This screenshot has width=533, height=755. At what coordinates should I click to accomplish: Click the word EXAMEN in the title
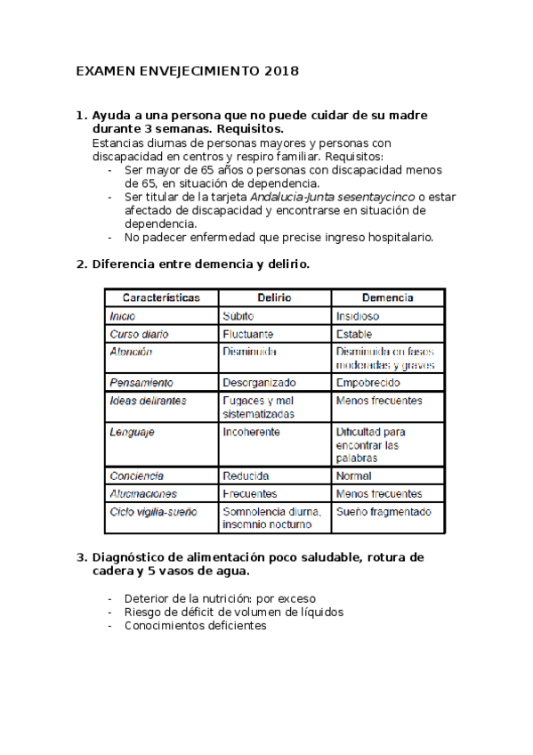(102, 70)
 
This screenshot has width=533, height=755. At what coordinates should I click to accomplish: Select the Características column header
(161, 297)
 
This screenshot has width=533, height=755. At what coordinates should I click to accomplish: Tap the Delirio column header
(274, 297)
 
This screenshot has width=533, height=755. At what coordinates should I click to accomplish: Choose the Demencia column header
(387, 297)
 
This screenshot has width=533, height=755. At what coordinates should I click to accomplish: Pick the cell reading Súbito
(239, 316)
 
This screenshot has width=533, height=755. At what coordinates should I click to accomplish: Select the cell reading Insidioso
(357, 316)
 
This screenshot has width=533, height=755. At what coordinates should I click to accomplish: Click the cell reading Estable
(353, 335)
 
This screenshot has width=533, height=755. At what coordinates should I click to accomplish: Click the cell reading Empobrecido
(367, 382)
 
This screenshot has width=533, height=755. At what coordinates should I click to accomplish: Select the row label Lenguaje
(132, 432)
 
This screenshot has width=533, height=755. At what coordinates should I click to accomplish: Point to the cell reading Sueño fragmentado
(383, 512)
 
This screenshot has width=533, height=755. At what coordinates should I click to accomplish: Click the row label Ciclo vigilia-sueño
(153, 512)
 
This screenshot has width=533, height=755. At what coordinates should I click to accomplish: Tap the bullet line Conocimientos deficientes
(195, 626)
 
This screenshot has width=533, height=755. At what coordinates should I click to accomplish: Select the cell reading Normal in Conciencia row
(353, 475)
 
